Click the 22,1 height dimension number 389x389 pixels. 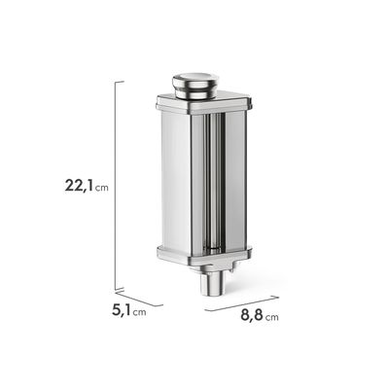[80, 186]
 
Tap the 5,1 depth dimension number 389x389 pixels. [122, 310]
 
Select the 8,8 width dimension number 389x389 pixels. [252, 315]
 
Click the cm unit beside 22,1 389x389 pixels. [102, 188]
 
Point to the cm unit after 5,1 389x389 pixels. [139, 312]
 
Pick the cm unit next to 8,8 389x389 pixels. [271, 317]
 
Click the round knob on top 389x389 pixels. [195, 85]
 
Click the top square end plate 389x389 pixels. [203, 103]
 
